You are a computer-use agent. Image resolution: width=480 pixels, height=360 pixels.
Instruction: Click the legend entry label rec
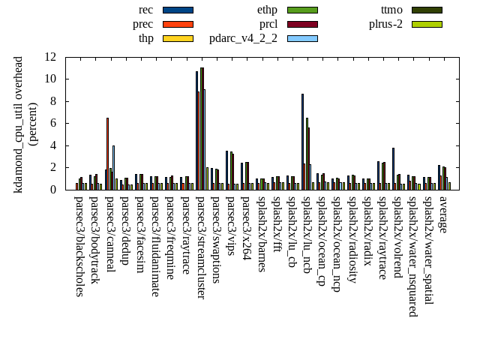[146, 10]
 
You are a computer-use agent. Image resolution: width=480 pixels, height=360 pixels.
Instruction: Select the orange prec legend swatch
[178, 24]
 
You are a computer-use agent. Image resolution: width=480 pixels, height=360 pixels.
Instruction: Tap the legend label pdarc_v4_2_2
[243, 38]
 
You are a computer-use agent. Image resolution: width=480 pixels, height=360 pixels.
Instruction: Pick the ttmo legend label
[391, 10]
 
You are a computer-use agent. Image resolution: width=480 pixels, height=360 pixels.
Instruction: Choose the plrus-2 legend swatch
[426, 24]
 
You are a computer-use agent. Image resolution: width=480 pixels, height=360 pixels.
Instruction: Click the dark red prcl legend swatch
[302, 24]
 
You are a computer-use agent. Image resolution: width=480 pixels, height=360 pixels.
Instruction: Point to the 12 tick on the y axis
[50, 57]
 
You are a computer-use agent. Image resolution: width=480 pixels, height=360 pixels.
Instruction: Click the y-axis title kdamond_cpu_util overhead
[19, 124]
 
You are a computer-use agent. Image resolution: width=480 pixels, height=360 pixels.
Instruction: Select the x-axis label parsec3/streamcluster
[200, 248]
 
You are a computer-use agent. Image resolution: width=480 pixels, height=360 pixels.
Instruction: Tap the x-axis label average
[442, 214]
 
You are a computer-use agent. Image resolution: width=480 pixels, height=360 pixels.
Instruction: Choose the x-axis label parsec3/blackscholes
[80, 247]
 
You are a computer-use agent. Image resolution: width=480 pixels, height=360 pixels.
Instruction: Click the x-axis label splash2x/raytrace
[382, 241]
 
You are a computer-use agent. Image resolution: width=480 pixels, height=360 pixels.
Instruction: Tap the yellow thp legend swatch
[178, 38]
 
